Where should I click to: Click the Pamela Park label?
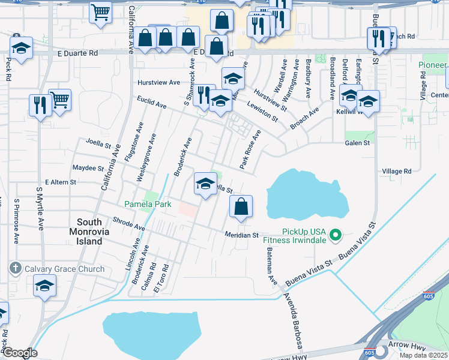148,204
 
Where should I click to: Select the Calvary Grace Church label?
64,269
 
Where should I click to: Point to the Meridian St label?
241,235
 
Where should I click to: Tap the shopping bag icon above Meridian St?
241,206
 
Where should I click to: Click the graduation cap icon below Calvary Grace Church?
44,286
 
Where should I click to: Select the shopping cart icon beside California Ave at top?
101,11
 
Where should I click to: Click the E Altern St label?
61,182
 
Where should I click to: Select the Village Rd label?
397,171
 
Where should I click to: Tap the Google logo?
20,353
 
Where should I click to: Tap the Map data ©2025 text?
423,355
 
